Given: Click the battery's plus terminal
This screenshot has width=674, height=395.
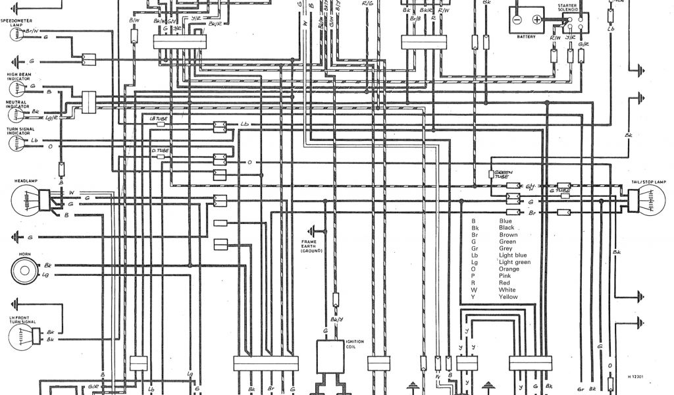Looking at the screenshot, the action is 536,20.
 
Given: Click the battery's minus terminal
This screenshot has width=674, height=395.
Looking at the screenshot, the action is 518,20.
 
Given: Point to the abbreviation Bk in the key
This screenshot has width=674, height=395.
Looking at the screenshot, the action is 475,228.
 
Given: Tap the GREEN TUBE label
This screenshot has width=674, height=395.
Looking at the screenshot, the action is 504,171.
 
